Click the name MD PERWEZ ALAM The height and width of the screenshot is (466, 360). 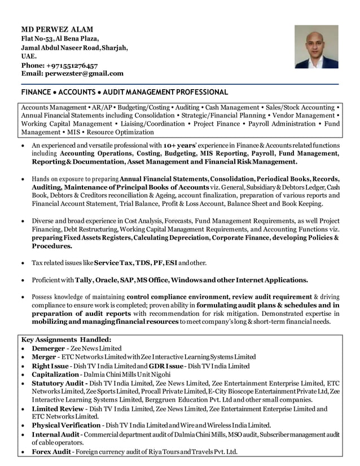click(x=57, y=29)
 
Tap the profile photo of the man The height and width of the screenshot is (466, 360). click(x=316, y=47)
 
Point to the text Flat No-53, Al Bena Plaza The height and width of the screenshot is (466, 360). click(x=60, y=38)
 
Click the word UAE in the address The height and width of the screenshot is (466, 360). click(x=29, y=56)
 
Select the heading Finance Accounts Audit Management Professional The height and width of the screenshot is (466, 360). click(x=124, y=92)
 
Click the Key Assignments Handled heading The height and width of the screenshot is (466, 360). click(x=66, y=340)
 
